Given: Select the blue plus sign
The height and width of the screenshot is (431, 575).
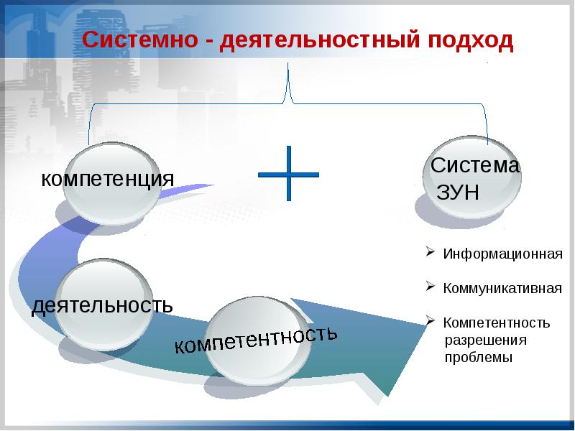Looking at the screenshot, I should click(x=288, y=174).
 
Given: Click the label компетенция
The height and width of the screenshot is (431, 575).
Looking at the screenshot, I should click(x=108, y=177).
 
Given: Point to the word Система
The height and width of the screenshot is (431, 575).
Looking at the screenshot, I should click(x=475, y=166).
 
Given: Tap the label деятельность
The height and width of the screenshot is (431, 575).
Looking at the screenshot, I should click(x=102, y=305).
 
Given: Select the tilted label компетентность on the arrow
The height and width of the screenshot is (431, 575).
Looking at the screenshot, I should click(x=256, y=340).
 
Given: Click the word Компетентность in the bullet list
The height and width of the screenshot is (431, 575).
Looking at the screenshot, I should click(x=497, y=323).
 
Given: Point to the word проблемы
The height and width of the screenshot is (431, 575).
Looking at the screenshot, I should click(x=478, y=356).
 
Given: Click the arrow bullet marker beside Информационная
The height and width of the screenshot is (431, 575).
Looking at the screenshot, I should click(x=428, y=253).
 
